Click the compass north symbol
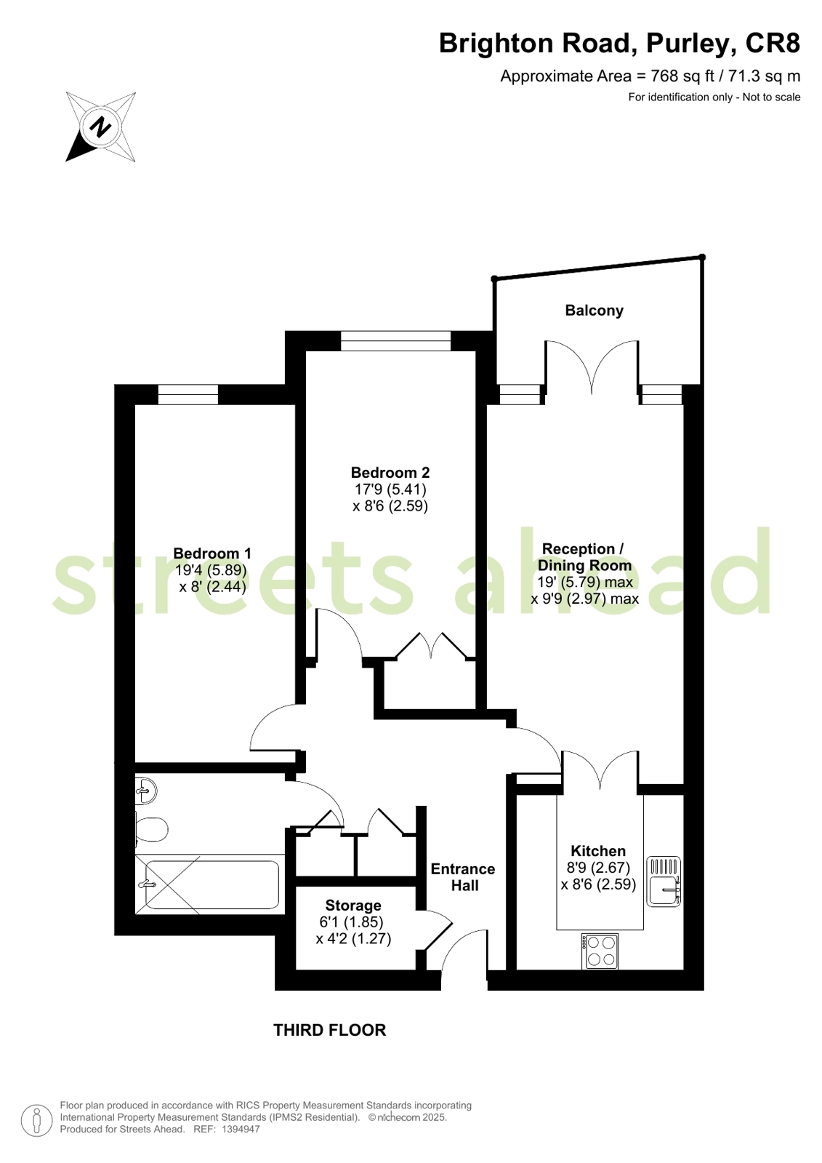101,127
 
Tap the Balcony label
595,311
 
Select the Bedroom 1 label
212,553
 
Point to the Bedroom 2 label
390,473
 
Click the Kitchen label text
598,851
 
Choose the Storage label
353,906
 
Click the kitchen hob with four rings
600,951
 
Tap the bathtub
209,884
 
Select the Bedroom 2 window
395,341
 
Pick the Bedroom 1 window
188,395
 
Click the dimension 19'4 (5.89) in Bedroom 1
211,570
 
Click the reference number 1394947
241,1130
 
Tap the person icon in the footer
37,1120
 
